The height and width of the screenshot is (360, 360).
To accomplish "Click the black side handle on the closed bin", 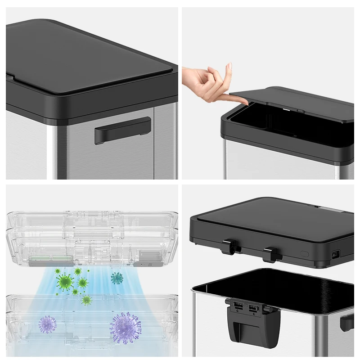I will click(x=122, y=130).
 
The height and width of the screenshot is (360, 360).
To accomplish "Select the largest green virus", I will click(x=65, y=282).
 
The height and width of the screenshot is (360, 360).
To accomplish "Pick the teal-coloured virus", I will click(x=117, y=278).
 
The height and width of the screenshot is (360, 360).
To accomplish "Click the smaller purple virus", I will click(x=47, y=324).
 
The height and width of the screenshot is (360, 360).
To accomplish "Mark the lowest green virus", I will click(x=86, y=300).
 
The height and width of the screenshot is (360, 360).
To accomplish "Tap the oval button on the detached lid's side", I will click(x=305, y=254).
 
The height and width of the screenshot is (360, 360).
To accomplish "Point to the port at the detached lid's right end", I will click(x=335, y=255).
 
